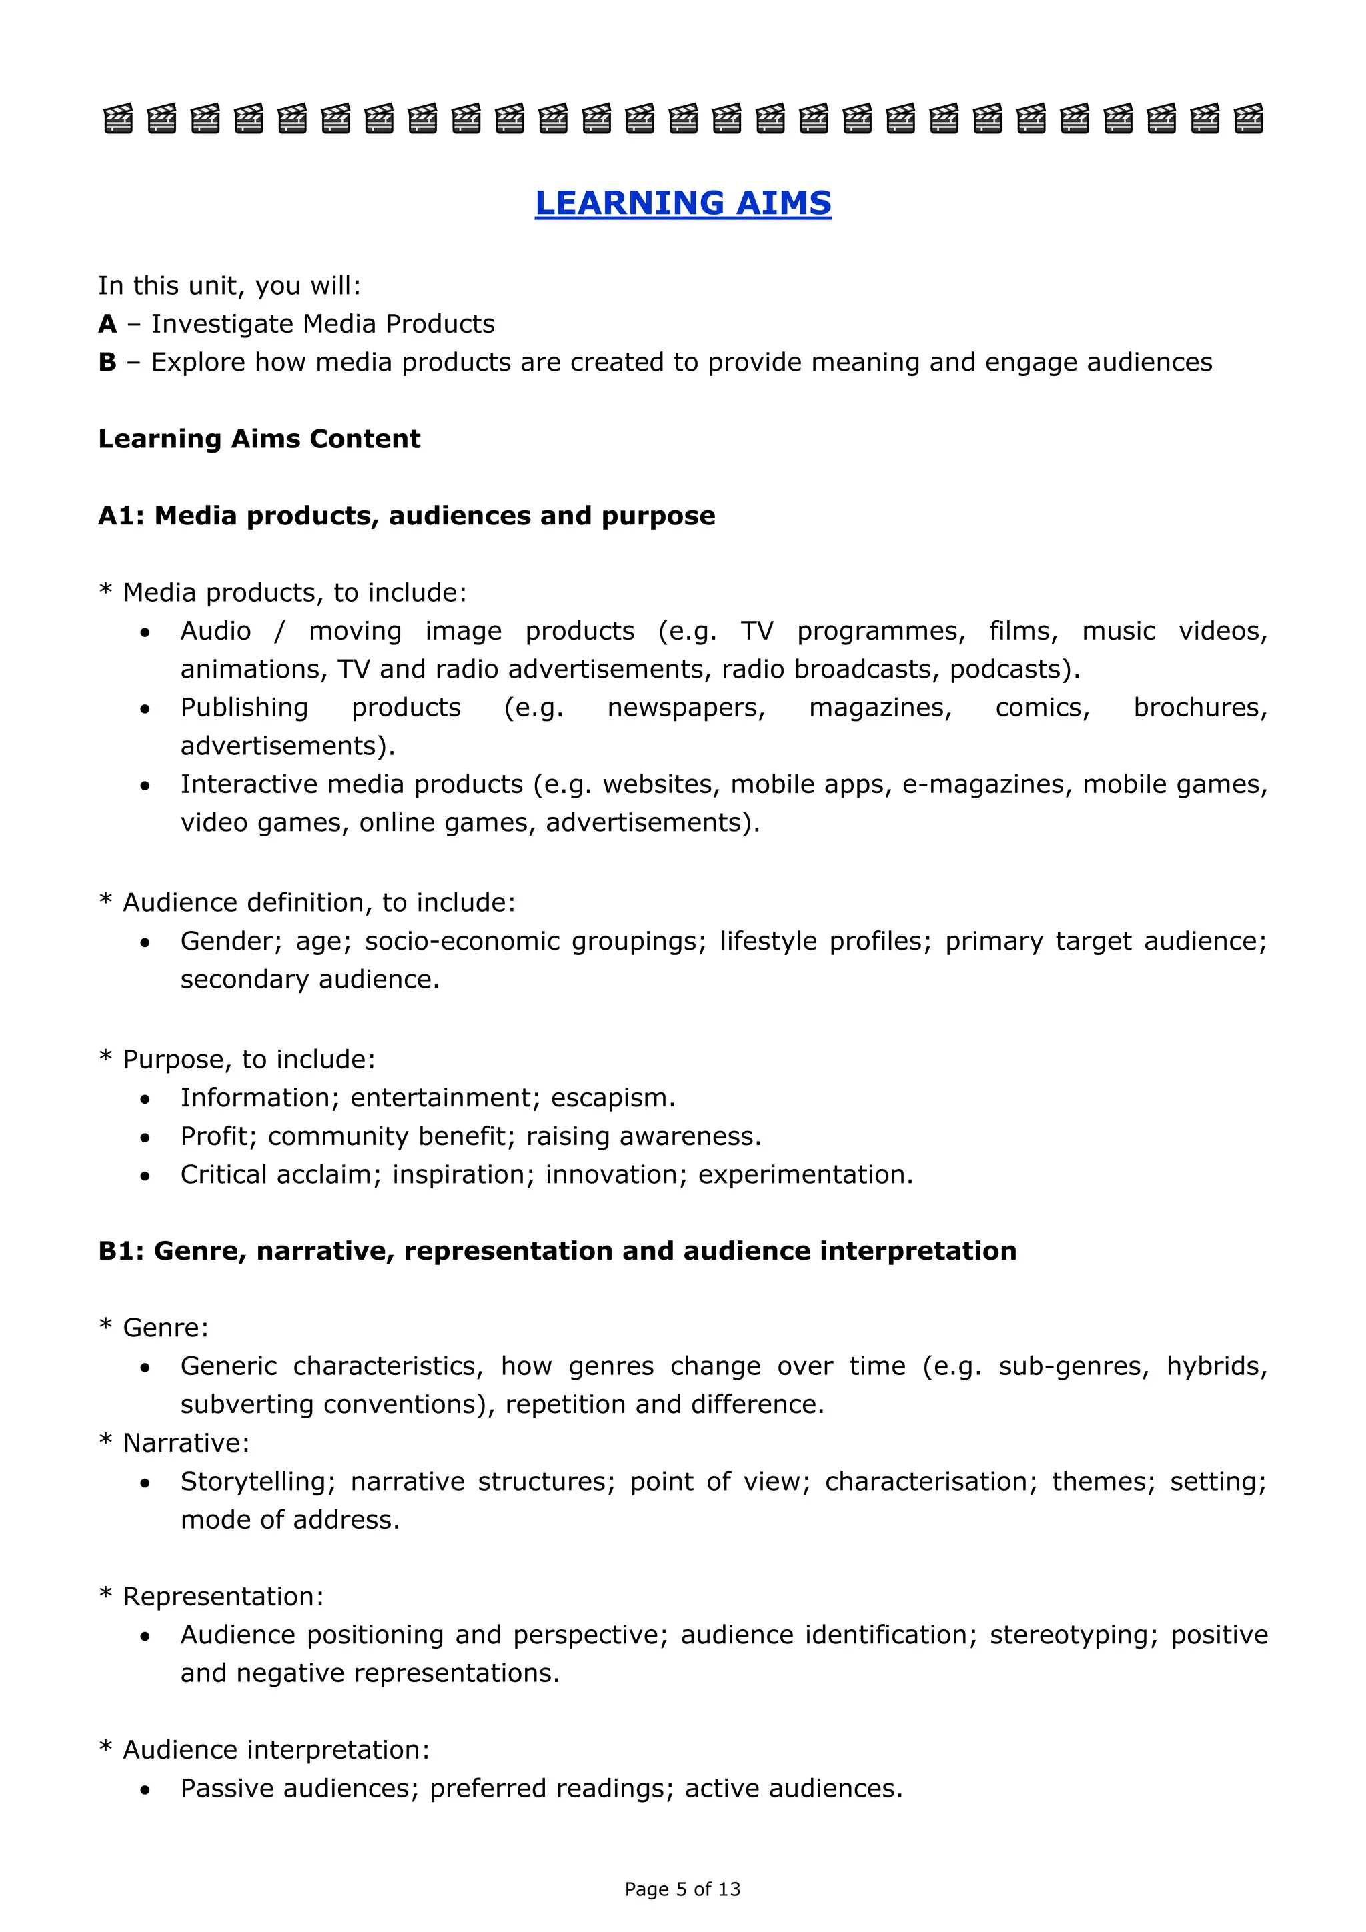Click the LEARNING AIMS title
click(682, 203)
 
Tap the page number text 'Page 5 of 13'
click(682, 1889)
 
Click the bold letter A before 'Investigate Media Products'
click(107, 324)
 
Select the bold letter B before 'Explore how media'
click(107, 363)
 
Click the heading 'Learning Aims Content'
click(259, 439)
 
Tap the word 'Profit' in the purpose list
click(219, 1137)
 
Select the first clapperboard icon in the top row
click(118, 119)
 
